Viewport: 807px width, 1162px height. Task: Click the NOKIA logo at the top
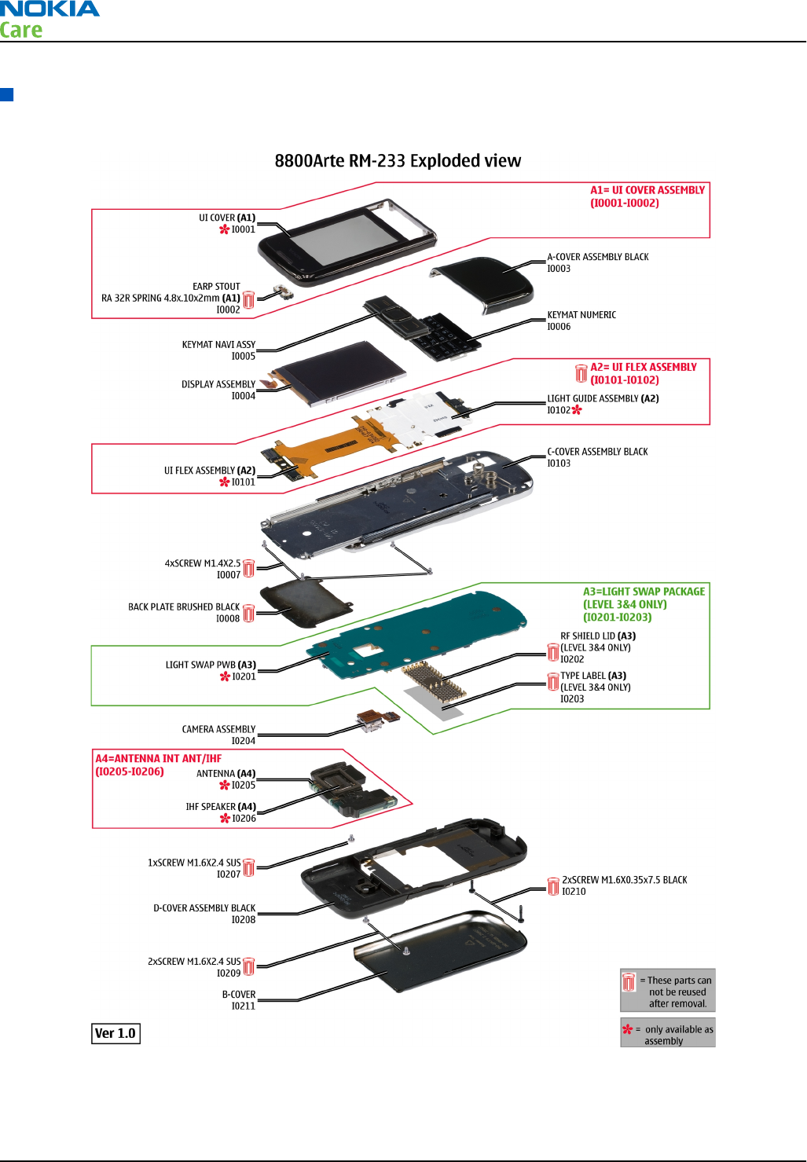coord(50,9)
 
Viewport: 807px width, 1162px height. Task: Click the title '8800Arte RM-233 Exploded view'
coord(398,161)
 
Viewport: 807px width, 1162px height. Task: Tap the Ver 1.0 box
coord(116,1034)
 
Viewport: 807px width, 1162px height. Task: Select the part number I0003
coord(559,269)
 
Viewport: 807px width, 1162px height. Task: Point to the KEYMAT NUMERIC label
coord(581,315)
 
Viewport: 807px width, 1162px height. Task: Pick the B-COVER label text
coord(239,995)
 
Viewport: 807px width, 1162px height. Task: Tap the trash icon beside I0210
coord(553,886)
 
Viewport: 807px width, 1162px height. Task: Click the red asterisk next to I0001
coord(225,229)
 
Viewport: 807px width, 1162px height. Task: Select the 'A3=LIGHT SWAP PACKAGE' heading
coord(644,592)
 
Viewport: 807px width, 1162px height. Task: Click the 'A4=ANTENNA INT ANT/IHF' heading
coord(159,759)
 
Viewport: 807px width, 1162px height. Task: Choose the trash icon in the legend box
coord(629,982)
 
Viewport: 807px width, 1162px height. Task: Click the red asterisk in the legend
coord(627,1029)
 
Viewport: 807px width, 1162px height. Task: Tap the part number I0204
coord(243,741)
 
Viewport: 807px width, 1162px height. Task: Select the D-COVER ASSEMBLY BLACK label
coord(204,908)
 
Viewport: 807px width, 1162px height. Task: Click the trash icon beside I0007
coord(249,569)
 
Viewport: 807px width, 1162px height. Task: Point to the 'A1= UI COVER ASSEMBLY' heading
coord(647,190)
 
